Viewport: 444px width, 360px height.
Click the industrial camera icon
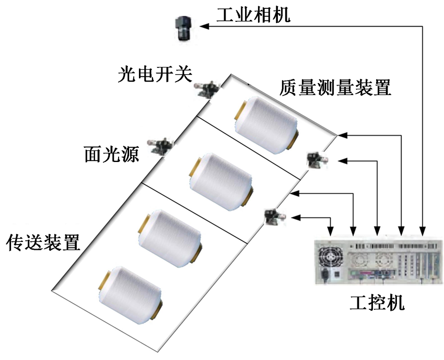click(x=183, y=28)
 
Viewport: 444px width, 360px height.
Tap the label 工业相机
click(x=253, y=15)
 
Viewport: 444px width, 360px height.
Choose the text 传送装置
click(x=43, y=242)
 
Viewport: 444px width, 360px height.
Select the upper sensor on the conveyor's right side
click(x=317, y=158)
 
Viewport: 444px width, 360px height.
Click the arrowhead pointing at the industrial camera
click(x=204, y=27)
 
